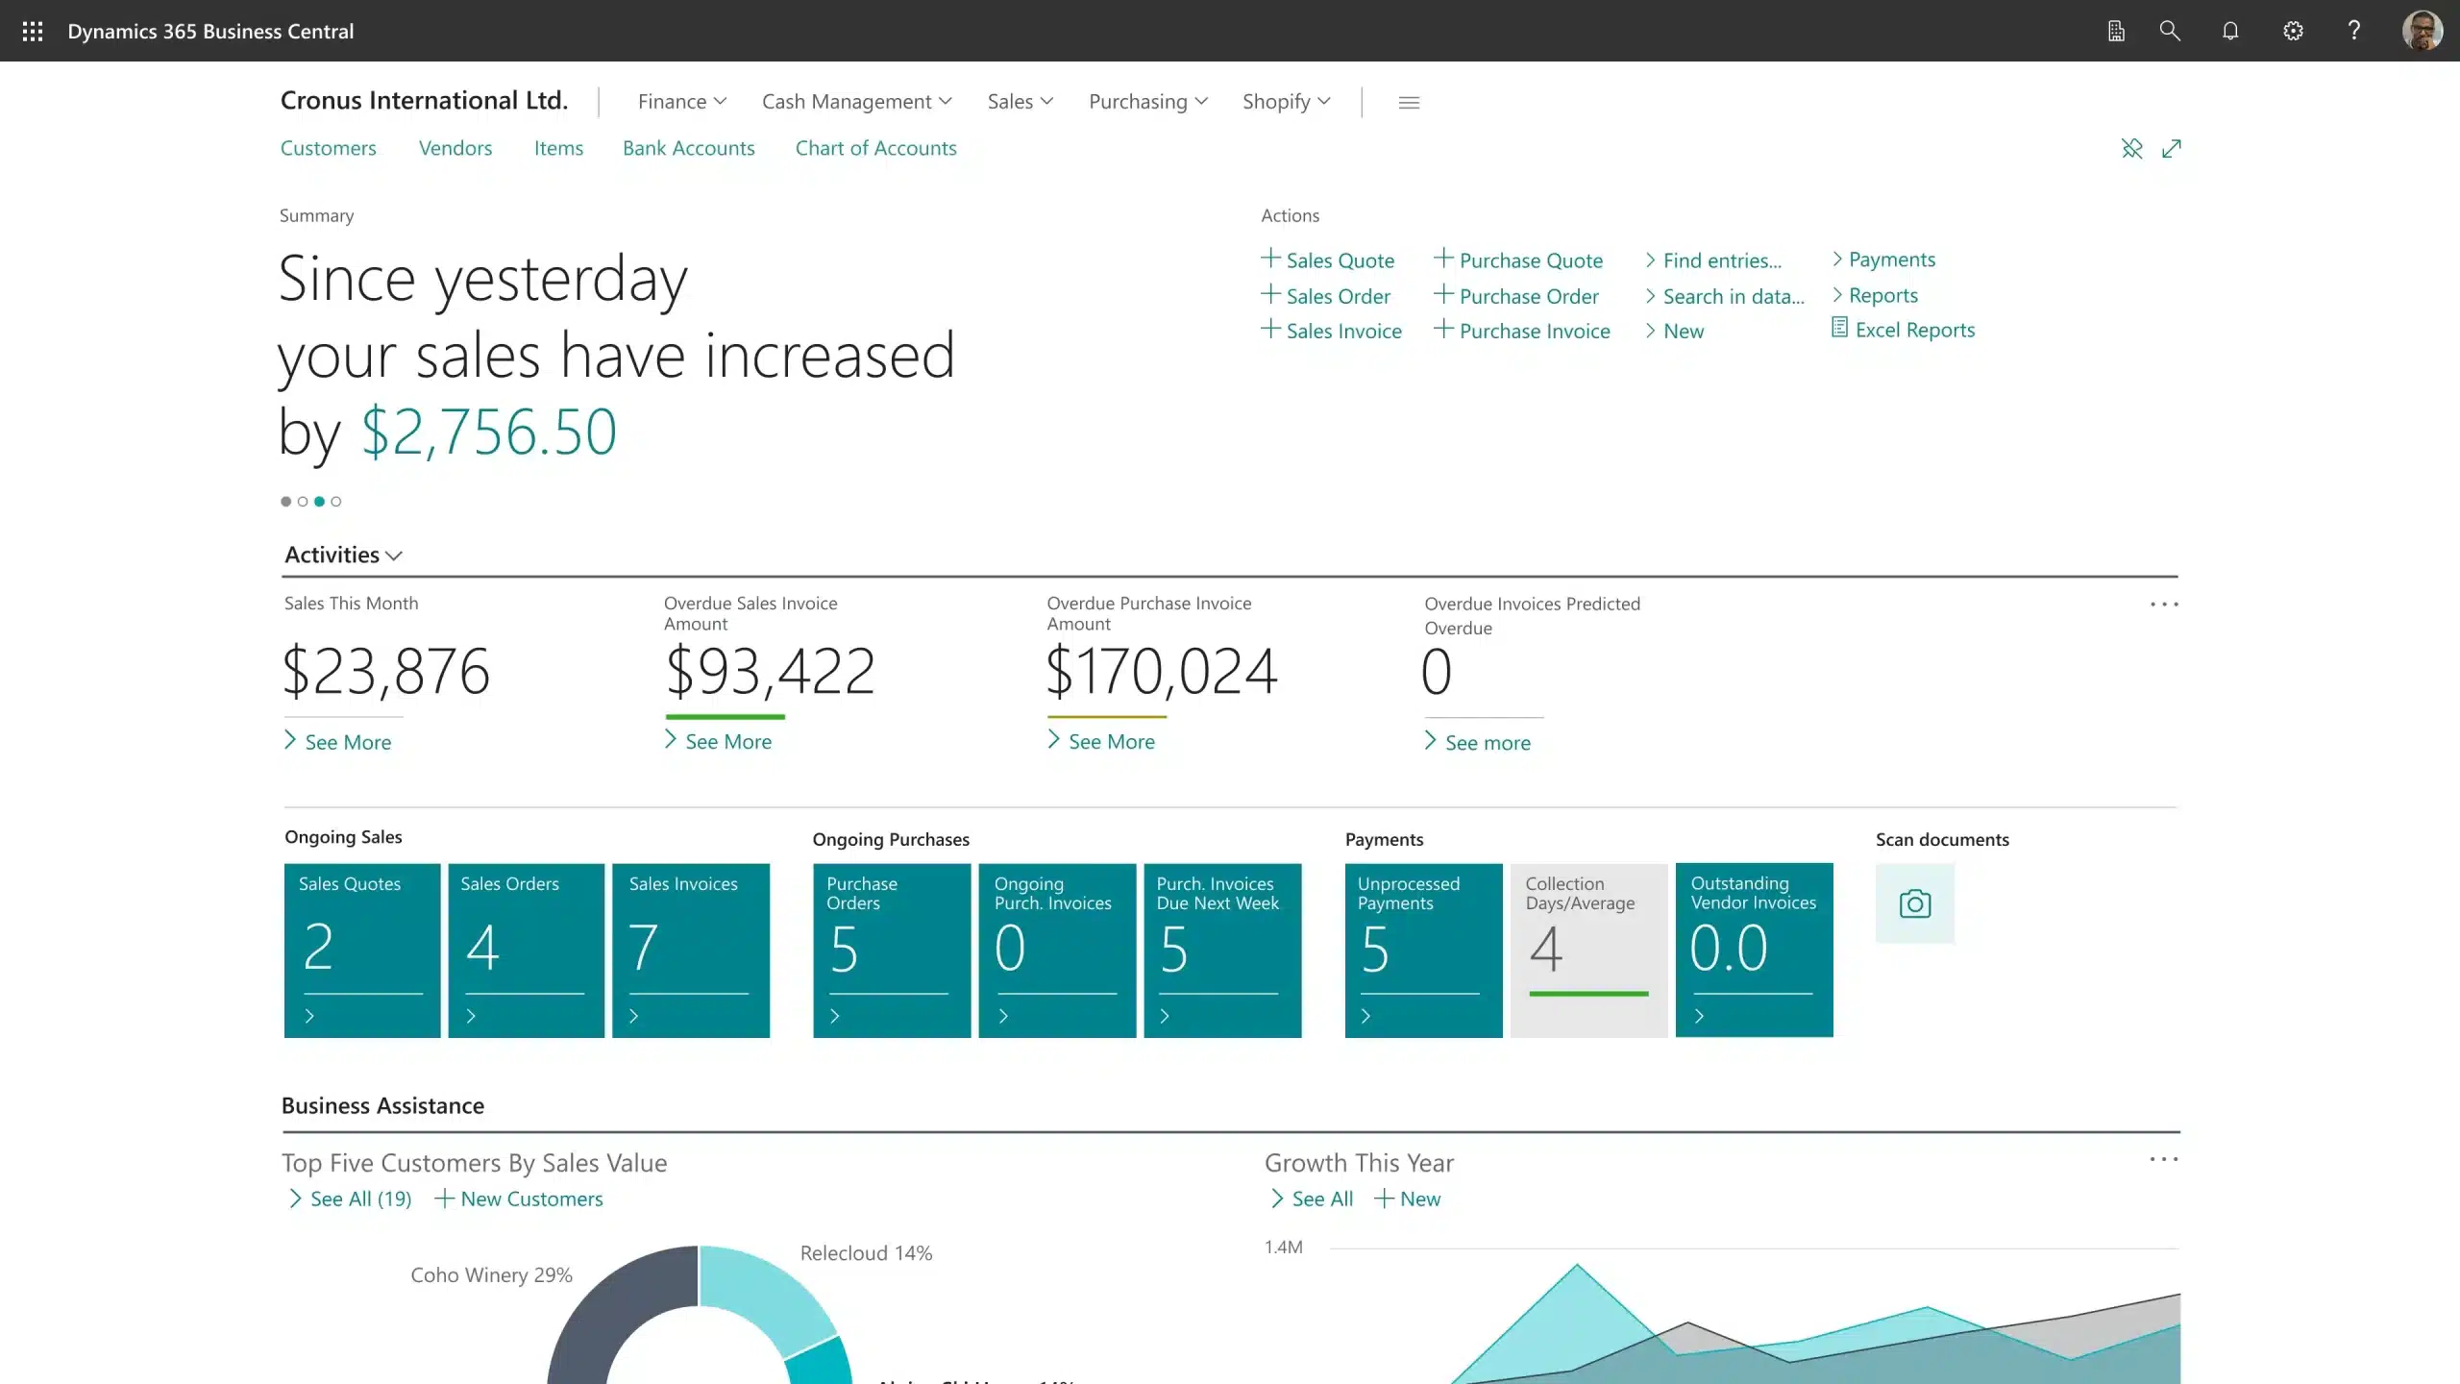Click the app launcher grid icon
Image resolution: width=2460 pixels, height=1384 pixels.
point(33,32)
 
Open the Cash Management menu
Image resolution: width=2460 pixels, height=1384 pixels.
point(856,102)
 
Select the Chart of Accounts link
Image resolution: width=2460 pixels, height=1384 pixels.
point(875,148)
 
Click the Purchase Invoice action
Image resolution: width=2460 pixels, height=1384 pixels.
point(1534,331)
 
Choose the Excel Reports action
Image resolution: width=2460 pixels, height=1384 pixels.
point(1913,330)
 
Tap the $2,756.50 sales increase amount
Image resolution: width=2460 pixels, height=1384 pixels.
point(488,432)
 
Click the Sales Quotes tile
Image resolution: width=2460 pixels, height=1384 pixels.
point(362,950)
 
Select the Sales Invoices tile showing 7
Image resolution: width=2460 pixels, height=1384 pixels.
point(690,950)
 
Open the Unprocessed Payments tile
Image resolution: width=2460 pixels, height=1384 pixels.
point(1423,950)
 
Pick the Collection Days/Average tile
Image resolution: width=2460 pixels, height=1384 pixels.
point(1588,950)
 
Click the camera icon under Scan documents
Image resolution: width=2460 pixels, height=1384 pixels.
point(1914,903)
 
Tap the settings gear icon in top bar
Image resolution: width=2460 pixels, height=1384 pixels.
point(2293,32)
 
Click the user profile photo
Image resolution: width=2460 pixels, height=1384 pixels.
point(2422,32)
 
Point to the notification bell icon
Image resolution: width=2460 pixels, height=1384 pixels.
point(2230,32)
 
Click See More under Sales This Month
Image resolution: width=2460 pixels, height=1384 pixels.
point(347,742)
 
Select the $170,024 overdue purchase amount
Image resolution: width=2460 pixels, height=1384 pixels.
point(1161,671)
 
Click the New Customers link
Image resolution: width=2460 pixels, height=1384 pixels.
point(530,1199)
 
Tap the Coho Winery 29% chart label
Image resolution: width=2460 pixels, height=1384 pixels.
point(491,1274)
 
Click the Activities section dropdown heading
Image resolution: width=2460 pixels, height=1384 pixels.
point(342,555)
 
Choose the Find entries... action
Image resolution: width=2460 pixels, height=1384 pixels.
point(1721,260)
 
